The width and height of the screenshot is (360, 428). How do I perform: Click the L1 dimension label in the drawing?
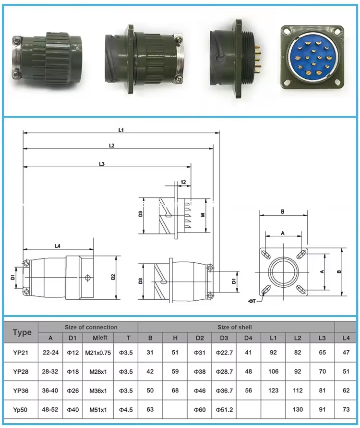121,130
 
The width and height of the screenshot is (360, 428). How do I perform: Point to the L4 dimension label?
58,246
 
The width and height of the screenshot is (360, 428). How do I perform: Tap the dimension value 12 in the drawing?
183,182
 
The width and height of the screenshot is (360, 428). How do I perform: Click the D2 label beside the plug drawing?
113,277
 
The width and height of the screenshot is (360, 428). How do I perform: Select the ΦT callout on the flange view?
252,301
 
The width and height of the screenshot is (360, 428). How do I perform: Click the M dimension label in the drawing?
203,215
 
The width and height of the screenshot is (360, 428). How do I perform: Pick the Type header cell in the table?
22,332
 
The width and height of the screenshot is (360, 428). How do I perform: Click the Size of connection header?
91,327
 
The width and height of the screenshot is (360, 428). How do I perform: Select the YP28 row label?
21,371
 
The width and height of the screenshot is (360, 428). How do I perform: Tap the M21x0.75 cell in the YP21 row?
98,353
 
